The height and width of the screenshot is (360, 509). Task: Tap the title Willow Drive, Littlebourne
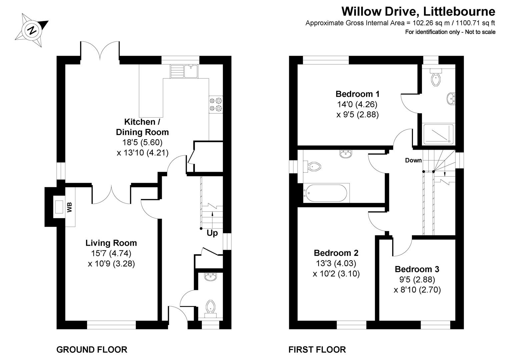click(x=418, y=12)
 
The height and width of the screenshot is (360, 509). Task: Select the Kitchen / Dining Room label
click(x=142, y=127)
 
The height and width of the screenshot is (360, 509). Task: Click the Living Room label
click(x=111, y=243)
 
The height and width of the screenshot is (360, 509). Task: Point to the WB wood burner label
click(x=69, y=207)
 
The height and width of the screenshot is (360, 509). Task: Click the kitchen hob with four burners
click(x=215, y=104)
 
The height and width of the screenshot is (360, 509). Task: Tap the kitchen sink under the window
click(x=184, y=71)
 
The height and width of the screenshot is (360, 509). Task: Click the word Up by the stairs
click(x=212, y=233)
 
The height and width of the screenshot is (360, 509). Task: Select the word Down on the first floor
click(x=413, y=160)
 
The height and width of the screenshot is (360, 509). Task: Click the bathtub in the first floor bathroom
click(x=326, y=193)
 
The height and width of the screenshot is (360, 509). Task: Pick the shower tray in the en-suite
click(x=438, y=134)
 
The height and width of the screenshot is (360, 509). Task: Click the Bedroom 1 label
click(x=357, y=94)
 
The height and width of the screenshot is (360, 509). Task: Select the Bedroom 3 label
click(x=417, y=269)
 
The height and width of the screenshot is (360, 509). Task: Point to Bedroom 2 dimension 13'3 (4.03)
click(x=336, y=263)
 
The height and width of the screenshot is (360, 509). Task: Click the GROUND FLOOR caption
click(x=92, y=350)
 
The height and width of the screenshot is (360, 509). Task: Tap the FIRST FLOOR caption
click(x=317, y=350)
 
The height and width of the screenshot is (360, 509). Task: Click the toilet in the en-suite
click(x=436, y=79)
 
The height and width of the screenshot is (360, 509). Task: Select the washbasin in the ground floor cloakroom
click(x=210, y=277)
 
